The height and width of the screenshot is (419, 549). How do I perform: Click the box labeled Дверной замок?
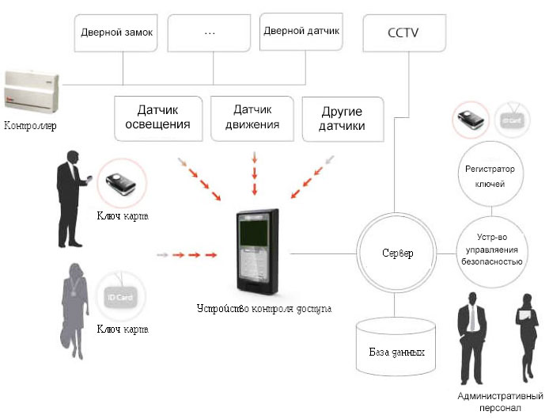[x=117, y=34]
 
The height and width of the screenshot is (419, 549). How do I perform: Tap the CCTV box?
[x=403, y=34]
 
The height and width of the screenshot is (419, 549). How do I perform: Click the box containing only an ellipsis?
[x=209, y=34]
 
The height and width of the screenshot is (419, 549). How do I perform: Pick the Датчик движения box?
[x=253, y=116]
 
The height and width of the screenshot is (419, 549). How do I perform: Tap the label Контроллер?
[x=30, y=125]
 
